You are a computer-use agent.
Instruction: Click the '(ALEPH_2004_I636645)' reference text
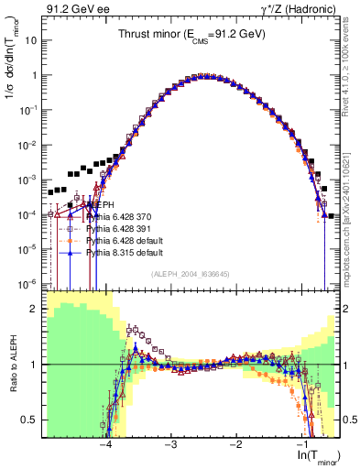click(x=191, y=273)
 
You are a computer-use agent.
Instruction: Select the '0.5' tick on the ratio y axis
click(x=33, y=420)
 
